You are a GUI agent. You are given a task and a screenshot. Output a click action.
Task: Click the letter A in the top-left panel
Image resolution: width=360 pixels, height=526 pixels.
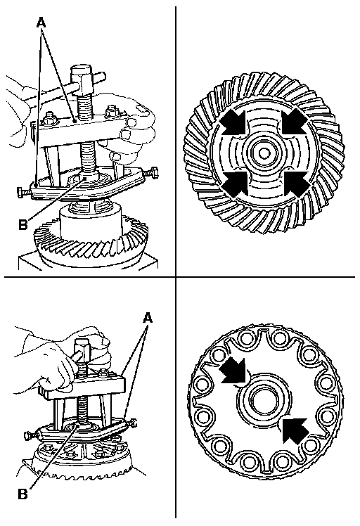coord(41,23)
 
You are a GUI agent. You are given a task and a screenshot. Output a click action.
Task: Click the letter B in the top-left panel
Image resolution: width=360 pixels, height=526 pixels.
coord(22,224)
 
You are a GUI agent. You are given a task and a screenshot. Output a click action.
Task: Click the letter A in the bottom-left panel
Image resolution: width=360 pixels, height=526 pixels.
coord(148,317)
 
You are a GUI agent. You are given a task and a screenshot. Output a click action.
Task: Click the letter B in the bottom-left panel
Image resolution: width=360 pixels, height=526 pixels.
coord(22,494)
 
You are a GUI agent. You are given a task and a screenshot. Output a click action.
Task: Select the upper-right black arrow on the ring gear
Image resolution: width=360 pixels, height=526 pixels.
coord(293,122)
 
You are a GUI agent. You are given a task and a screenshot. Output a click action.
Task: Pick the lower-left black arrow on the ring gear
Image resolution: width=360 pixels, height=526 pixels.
coord(236,183)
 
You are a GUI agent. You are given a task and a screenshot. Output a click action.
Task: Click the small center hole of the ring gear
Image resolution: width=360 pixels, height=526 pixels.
coord(264,153)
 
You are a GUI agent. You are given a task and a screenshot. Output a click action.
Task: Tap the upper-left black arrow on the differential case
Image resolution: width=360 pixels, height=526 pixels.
coord(233,371)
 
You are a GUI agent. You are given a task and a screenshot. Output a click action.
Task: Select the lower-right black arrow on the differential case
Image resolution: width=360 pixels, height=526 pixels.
coord(295,430)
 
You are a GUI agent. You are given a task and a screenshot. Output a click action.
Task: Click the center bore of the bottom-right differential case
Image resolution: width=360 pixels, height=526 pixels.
coord(264,402)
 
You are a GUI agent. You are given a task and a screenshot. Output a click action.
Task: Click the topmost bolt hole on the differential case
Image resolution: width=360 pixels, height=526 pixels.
coord(278,337)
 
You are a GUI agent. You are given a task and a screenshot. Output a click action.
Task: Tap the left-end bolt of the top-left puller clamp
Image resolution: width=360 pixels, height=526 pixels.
coord(24,191)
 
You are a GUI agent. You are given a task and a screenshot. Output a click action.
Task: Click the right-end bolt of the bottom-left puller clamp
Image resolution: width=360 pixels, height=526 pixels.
coord(131,423)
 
